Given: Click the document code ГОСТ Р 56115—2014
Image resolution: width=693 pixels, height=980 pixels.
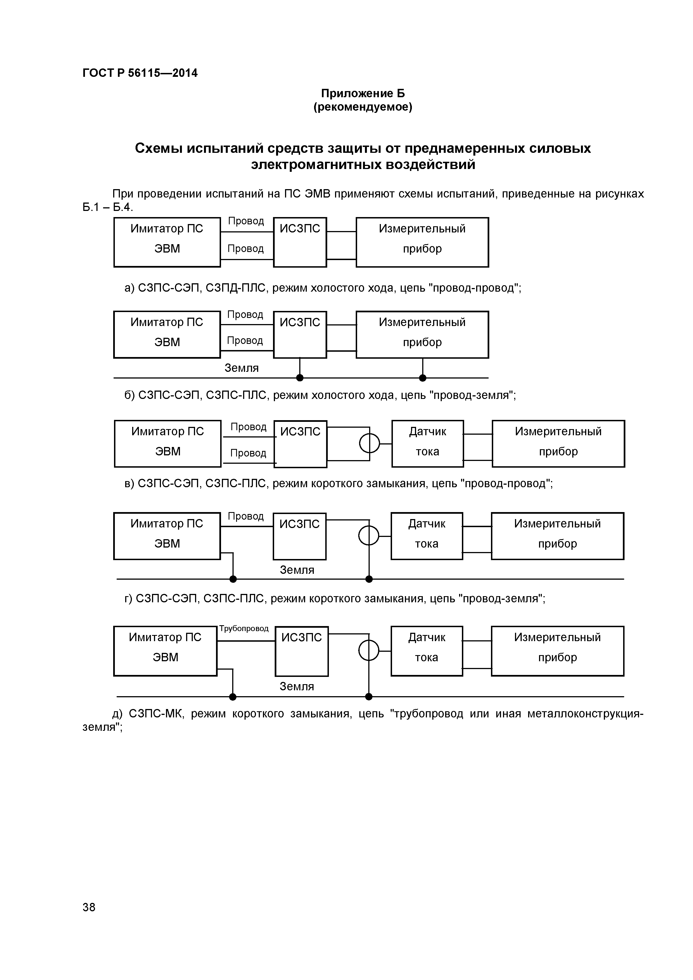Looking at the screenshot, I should click(140, 73).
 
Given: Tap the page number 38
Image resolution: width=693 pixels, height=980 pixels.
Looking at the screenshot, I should click(89, 919).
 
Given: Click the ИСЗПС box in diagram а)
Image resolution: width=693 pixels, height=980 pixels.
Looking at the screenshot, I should click(300, 242).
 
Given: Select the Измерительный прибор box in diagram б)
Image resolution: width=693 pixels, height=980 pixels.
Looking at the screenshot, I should click(422, 334).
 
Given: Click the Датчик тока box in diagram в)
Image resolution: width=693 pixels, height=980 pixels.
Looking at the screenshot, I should click(428, 443).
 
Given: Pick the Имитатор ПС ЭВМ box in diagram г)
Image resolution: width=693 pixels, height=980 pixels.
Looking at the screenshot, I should click(167, 536).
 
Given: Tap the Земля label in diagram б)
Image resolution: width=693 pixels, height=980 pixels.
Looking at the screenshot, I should click(242, 368).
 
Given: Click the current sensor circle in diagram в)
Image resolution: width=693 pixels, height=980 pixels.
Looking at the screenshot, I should click(369, 443).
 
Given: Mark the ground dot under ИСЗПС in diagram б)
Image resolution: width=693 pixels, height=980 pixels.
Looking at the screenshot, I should click(300, 378).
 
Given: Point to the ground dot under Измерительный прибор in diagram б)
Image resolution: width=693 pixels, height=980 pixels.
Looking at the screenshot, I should click(422, 378).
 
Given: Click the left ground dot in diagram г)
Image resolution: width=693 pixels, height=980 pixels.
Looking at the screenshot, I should click(233, 579).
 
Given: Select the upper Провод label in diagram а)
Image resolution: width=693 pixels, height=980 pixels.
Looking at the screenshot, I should click(246, 221).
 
